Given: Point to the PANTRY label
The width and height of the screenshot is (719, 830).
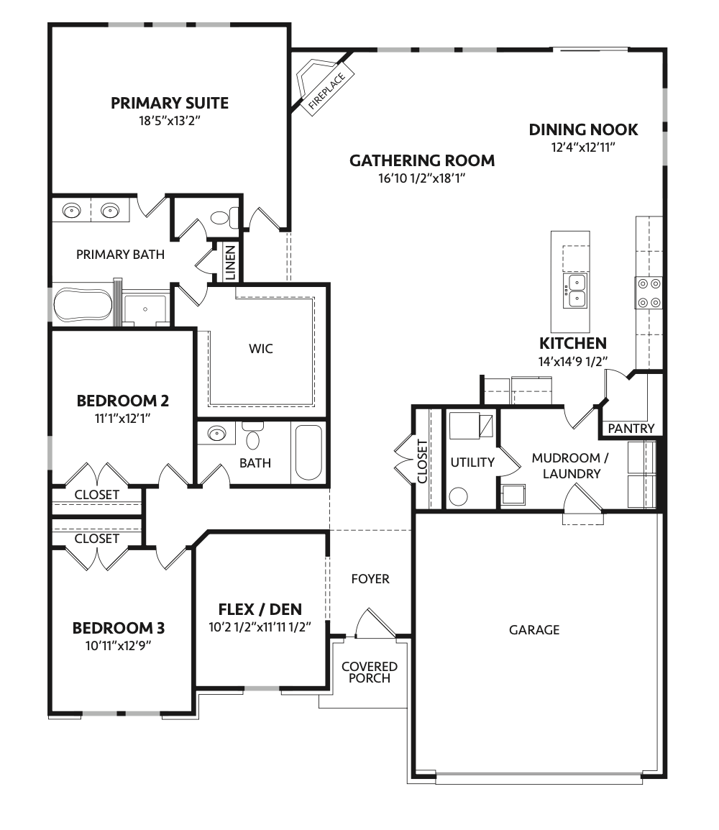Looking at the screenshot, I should pyautogui.click(x=631, y=429).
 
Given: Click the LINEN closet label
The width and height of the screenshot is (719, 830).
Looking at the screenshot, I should pyautogui.click(x=231, y=263).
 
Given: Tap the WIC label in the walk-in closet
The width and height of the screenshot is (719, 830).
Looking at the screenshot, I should pyautogui.click(x=261, y=349).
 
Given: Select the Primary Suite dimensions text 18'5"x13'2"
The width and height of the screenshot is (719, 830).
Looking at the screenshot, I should pyautogui.click(x=170, y=122).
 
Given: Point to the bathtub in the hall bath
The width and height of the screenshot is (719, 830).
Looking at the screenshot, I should pyautogui.click(x=309, y=453).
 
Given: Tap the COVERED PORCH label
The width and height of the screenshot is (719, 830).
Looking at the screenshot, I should pyautogui.click(x=370, y=672).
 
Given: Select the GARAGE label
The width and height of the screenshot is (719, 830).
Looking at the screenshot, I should pyautogui.click(x=534, y=630).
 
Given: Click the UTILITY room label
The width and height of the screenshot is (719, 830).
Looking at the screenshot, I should pyautogui.click(x=472, y=462).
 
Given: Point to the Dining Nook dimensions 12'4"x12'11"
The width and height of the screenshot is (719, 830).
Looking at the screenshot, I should pyautogui.click(x=583, y=147).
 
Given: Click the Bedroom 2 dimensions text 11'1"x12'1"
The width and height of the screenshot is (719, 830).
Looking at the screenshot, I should pyautogui.click(x=122, y=416).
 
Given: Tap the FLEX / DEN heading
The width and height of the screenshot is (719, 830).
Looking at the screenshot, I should pyautogui.click(x=260, y=610).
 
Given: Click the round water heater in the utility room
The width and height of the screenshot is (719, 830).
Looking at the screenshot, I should pyautogui.click(x=458, y=496).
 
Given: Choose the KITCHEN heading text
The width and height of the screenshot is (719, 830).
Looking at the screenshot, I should pyautogui.click(x=573, y=344).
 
